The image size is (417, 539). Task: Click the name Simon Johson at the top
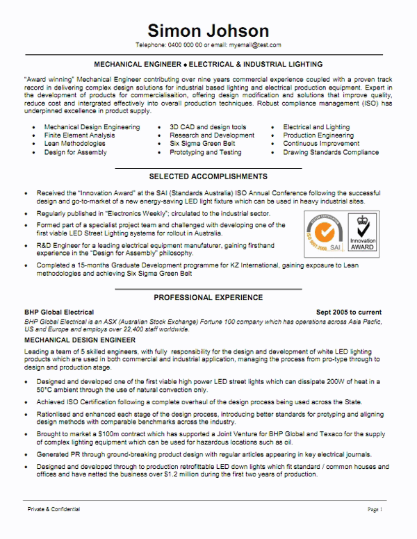pos(208,31)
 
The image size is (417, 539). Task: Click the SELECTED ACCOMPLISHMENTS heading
pos(208,176)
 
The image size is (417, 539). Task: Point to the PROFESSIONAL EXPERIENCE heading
pos(208,297)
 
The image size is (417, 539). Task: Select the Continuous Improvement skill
pos(321,144)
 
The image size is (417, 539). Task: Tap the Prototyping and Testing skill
pos(206,152)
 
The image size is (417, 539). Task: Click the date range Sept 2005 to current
pos(348,313)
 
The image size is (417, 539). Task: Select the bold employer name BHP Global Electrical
pos(59,313)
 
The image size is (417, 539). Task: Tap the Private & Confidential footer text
pos(54,509)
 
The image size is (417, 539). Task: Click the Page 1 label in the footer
pos(375,509)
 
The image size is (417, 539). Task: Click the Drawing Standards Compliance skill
pos(331,152)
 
